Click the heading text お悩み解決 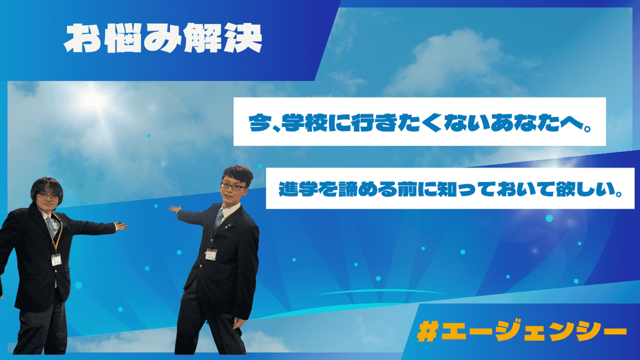pos(163,38)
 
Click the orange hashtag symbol pos(427,331)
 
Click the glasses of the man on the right pos(233,186)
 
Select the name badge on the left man pos(56,259)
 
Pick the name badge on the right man pos(211,254)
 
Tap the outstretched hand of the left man pos(121,226)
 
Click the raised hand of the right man pos(175,209)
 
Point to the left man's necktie pos(52,227)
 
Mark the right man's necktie pos(219,219)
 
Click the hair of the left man pos(47,188)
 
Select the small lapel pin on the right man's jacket pos(230,223)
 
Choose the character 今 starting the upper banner pos(259,122)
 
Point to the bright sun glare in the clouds pos(92,99)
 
